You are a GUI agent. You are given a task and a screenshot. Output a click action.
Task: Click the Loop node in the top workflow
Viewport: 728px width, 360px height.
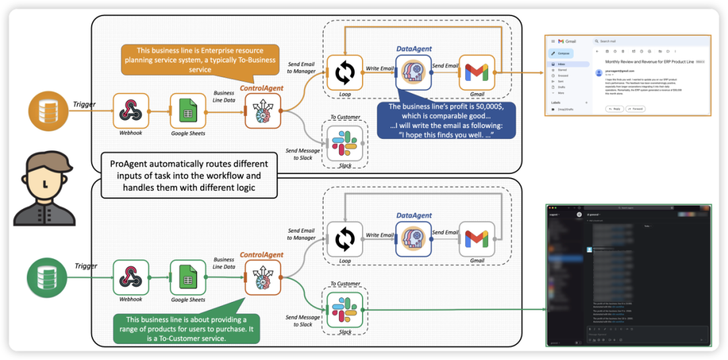[x=345, y=72]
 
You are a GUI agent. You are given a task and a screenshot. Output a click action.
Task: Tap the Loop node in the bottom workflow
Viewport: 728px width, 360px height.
[x=345, y=239]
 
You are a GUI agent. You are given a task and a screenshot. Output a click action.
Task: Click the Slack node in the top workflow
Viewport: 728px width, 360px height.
[x=345, y=144]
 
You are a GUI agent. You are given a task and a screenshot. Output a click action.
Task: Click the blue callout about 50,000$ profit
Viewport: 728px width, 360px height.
[x=446, y=121]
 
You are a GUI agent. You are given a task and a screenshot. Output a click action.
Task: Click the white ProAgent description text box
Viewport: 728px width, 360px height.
[x=189, y=175]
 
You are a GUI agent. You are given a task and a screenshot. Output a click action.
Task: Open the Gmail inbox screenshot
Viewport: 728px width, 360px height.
[x=628, y=84]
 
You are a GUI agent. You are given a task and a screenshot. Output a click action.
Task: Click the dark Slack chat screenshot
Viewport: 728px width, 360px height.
[x=628, y=276]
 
